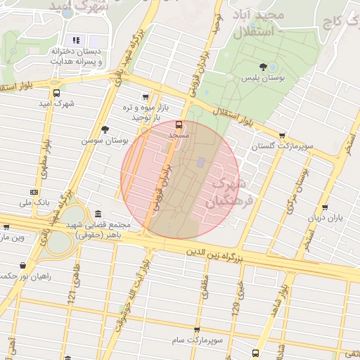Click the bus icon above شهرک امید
pyautogui.click(x=57, y=93)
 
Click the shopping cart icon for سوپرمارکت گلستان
pyautogui.click(x=282, y=135)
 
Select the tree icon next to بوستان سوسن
pyautogui.click(x=105, y=129)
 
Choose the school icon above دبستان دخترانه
pyautogui.click(x=76, y=40)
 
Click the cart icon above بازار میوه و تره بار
pyautogui.click(x=146, y=97)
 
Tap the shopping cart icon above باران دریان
pyautogui.click(x=324, y=207)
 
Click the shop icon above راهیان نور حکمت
pyautogui.click(x=25, y=266)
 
